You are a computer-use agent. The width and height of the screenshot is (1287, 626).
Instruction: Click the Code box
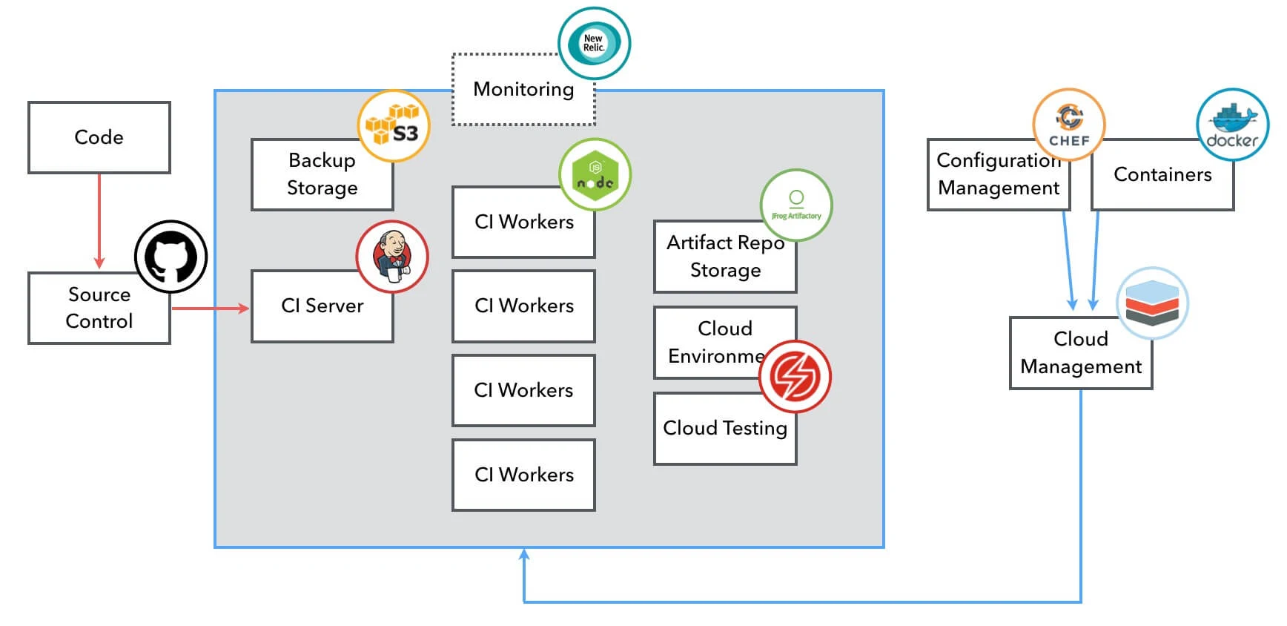click(x=99, y=137)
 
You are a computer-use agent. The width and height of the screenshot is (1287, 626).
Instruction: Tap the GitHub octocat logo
click(x=171, y=257)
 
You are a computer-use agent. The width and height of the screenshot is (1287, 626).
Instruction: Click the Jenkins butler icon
click(x=392, y=256)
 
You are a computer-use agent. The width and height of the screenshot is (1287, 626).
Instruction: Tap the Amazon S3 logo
click(x=394, y=126)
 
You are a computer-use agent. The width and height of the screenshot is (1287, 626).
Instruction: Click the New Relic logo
click(x=594, y=43)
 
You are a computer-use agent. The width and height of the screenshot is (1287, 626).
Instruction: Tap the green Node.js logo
click(x=595, y=174)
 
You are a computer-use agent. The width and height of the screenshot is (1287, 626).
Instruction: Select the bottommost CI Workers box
click(x=523, y=475)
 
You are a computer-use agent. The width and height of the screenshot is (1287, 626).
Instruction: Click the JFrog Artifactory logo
click(x=796, y=205)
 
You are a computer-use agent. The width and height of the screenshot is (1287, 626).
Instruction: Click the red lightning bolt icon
click(x=795, y=376)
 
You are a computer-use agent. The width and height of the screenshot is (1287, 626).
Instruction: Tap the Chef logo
click(x=1069, y=124)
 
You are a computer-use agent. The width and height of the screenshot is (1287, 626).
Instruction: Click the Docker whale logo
click(x=1232, y=125)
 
